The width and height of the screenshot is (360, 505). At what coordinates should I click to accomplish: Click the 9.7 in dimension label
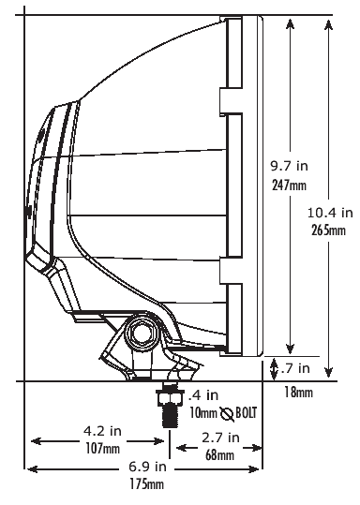click(289, 166)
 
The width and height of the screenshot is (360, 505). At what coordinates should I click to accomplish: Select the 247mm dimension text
click(289, 186)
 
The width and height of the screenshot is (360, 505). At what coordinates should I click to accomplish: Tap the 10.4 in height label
click(330, 213)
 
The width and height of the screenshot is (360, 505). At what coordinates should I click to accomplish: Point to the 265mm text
click(328, 230)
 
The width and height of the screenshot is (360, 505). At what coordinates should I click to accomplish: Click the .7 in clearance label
click(295, 368)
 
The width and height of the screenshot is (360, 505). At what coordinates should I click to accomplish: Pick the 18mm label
click(298, 393)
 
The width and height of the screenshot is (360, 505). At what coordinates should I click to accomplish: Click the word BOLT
click(247, 413)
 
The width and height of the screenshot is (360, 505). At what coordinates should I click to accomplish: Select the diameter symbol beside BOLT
click(227, 414)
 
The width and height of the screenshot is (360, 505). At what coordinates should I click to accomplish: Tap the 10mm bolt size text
click(203, 413)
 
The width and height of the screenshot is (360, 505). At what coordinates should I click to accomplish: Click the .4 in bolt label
click(203, 395)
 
